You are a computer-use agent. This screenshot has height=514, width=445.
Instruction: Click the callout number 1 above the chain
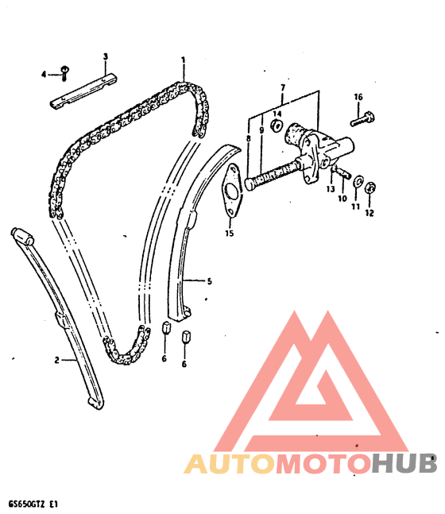tap(184, 60)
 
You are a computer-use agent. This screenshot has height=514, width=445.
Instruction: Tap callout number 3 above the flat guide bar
tap(105, 56)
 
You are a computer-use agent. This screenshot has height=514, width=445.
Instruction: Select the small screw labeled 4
tap(64, 73)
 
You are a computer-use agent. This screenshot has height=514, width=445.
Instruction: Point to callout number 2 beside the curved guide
tap(56, 360)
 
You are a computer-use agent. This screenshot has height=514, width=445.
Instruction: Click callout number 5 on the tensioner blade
tap(209, 281)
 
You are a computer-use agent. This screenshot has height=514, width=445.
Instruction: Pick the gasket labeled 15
tap(232, 190)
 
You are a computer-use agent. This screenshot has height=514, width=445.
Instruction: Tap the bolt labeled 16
tap(362, 120)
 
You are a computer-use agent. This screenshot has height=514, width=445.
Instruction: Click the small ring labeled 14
tap(277, 126)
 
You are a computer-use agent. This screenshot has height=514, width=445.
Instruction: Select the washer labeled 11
tap(358, 182)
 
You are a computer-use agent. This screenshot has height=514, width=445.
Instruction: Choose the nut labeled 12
tap(370, 187)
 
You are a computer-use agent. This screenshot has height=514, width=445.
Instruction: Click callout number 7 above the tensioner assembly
tap(283, 87)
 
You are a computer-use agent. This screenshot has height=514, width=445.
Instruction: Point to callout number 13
tap(331, 189)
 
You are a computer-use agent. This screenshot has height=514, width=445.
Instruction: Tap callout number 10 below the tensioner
tap(342, 199)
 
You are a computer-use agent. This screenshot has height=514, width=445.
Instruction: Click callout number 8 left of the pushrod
tap(248, 138)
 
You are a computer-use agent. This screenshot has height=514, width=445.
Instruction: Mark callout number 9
tap(261, 130)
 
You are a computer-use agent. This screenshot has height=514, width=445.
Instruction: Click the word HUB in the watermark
tap(404, 462)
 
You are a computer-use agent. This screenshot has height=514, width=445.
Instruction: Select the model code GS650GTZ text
tap(27, 504)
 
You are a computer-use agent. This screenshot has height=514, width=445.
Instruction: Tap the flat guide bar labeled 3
tap(83, 91)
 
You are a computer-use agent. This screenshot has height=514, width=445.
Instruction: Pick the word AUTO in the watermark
tap(229, 463)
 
